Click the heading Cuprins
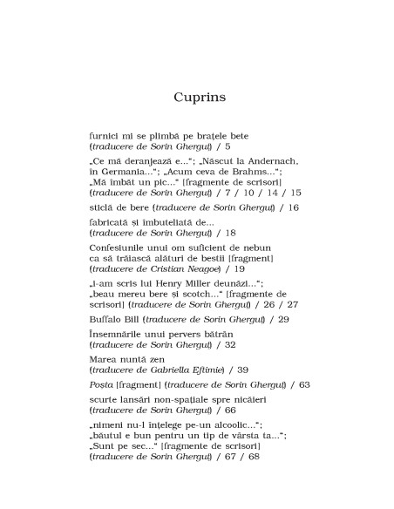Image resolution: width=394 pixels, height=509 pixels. [200, 97]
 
